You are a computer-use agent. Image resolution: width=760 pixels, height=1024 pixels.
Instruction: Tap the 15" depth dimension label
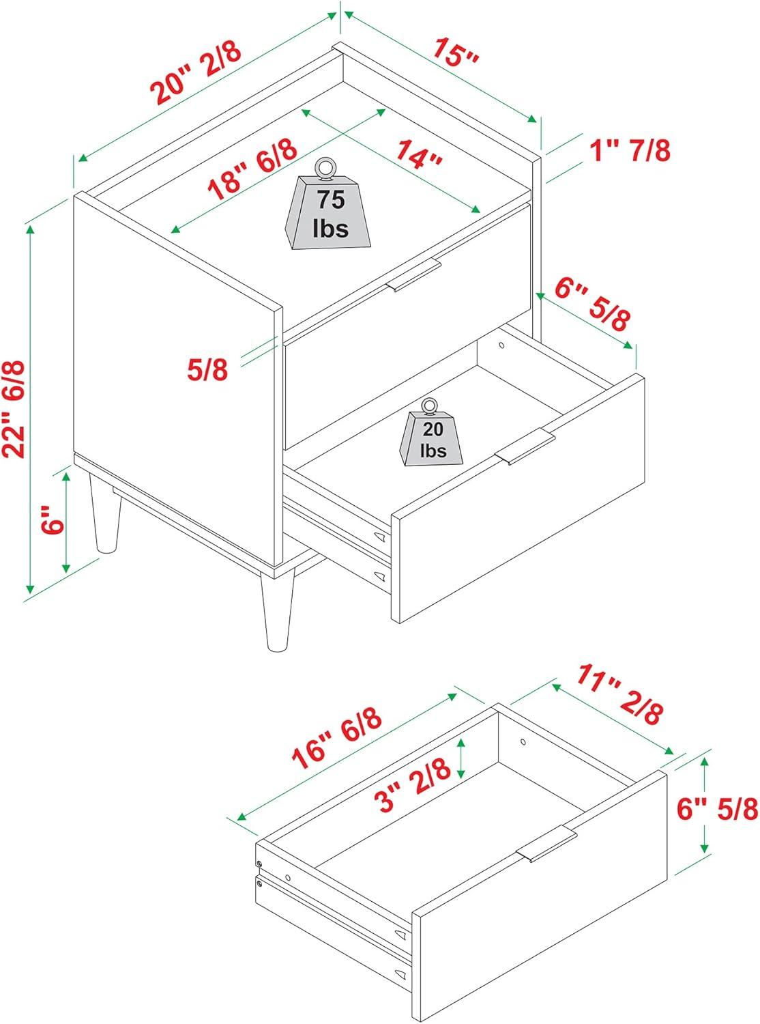pyautogui.click(x=455, y=52)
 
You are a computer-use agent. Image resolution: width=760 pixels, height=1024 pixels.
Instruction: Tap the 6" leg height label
pyautogui.click(x=52, y=520)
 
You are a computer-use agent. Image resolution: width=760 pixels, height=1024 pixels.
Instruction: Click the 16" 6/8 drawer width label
pyautogui.click(x=336, y=738)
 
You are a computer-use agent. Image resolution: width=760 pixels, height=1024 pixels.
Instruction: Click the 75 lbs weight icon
pyautogui.click(x=328, y=205)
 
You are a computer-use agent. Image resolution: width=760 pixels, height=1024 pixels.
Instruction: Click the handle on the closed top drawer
pyautogui.click(x=414, y=275)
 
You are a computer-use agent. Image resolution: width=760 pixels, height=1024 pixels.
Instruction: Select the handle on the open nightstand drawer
pyautogui.click(x=525, y=446)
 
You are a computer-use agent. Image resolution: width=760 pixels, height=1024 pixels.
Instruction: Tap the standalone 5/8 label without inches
pyautogui.click(x=207, y=370)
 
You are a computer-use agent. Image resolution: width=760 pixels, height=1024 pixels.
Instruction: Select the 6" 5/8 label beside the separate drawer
pyautogui.click(x=717, y=810)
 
